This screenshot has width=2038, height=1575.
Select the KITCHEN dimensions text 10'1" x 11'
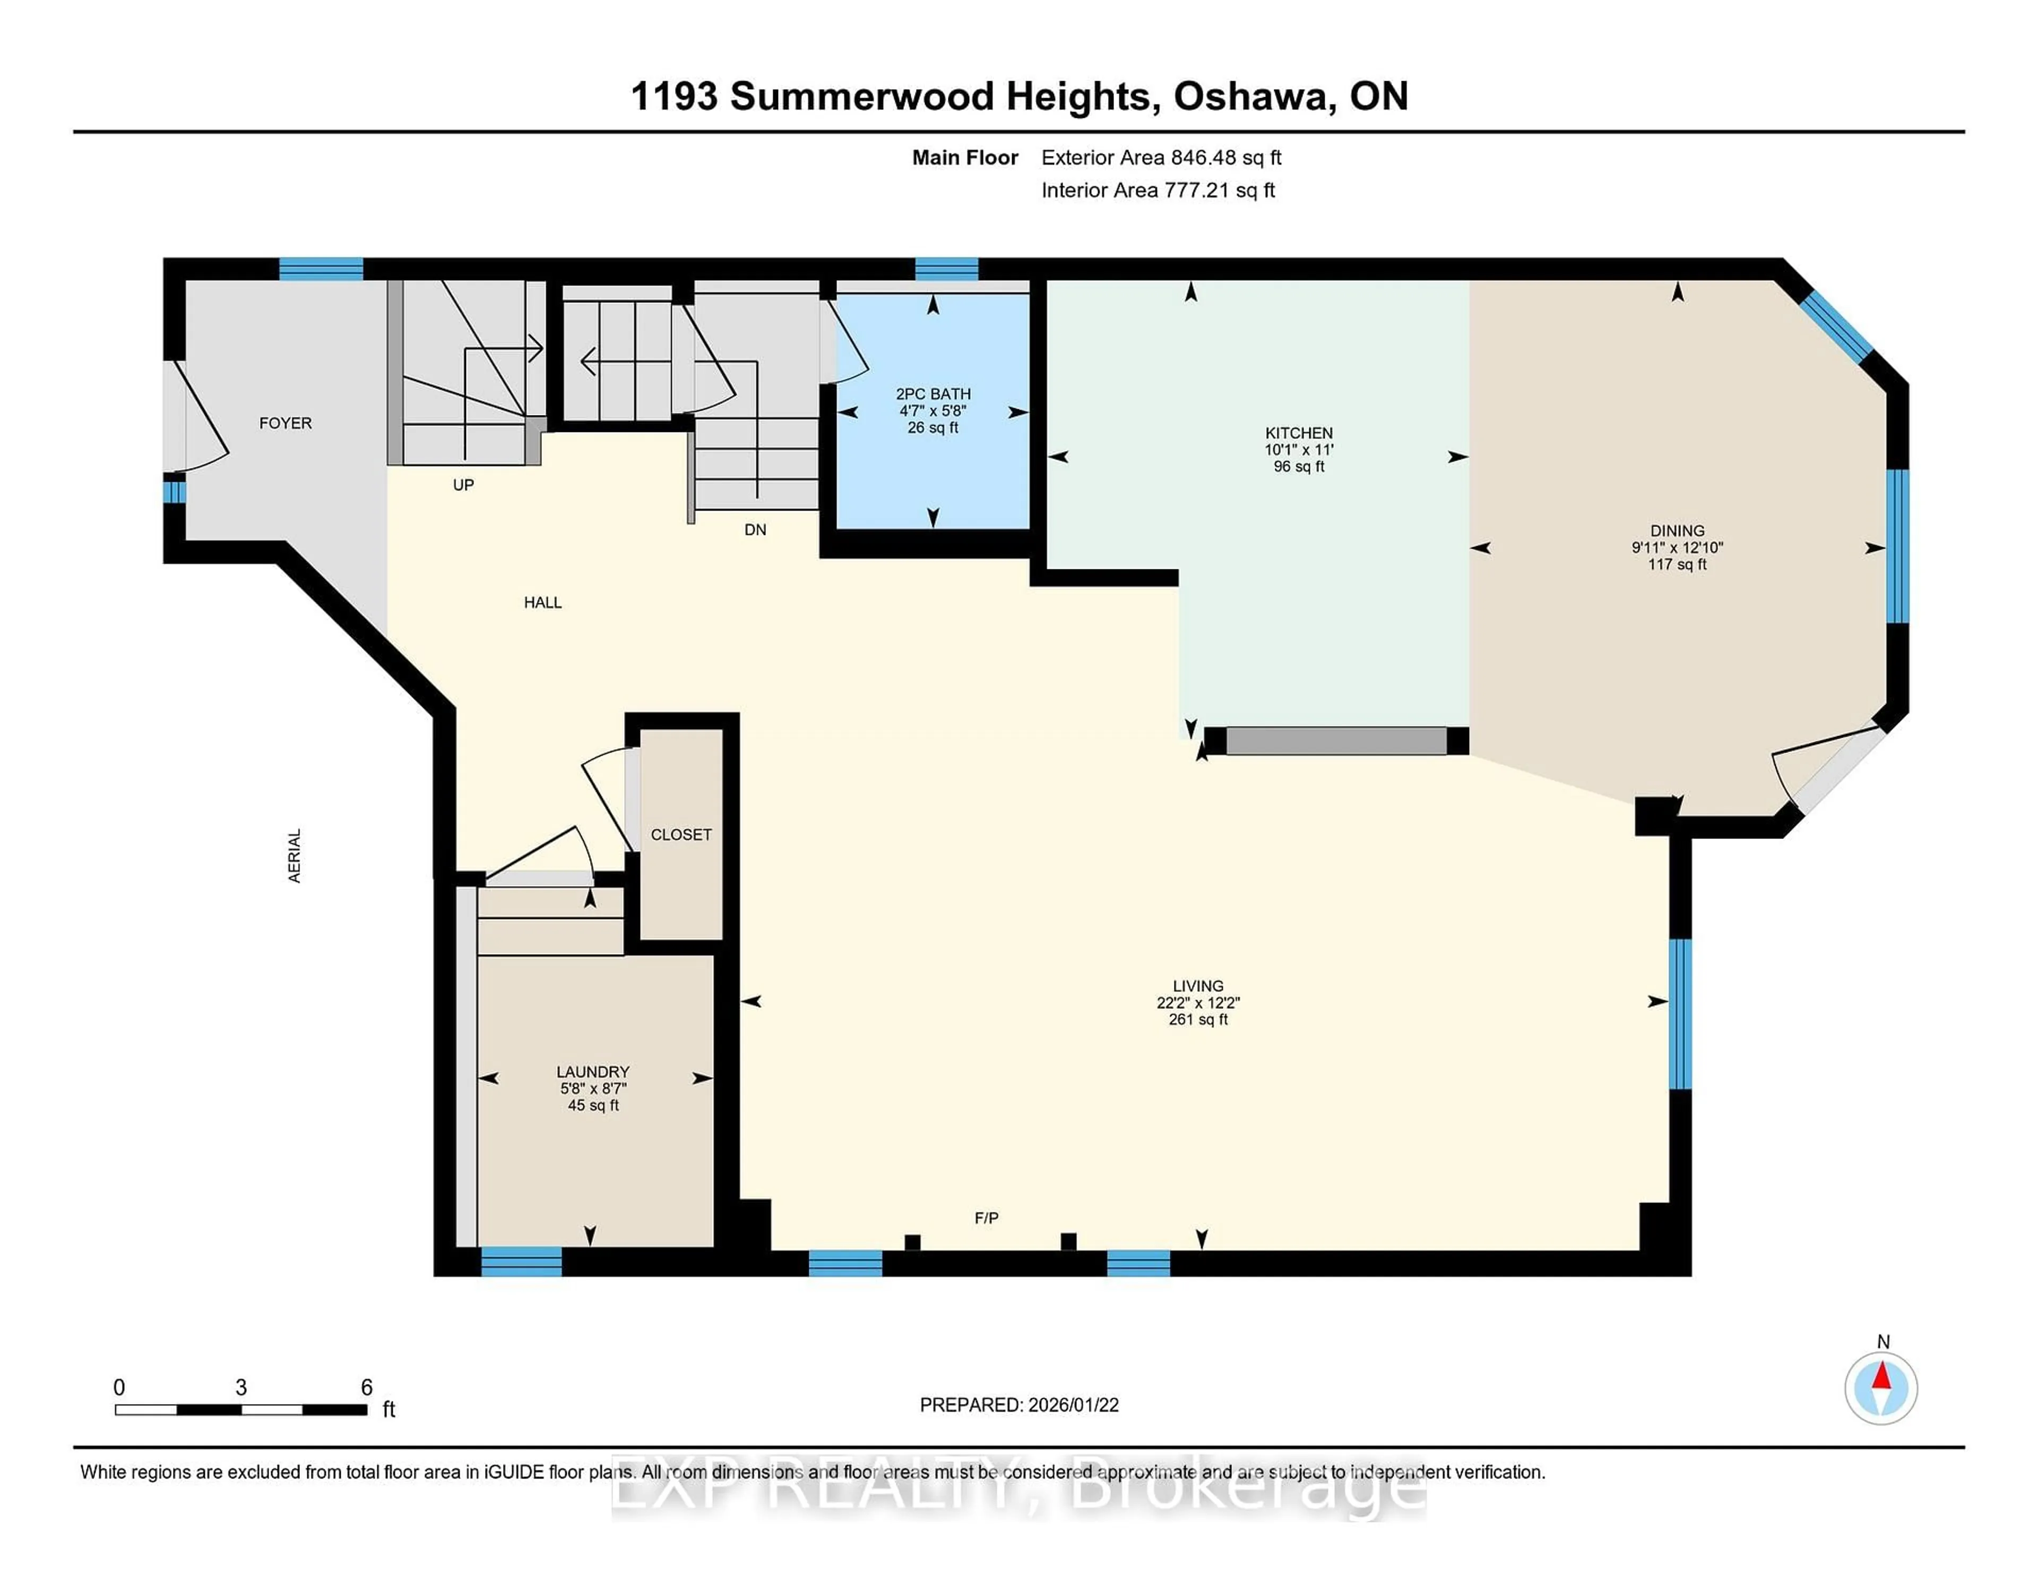(x=1298, y=449)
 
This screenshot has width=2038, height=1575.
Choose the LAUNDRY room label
(x=592, y=1071)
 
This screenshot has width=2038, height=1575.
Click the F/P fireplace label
(x=986, y=1218)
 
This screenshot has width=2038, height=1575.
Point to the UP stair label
(x=463, y=485)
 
